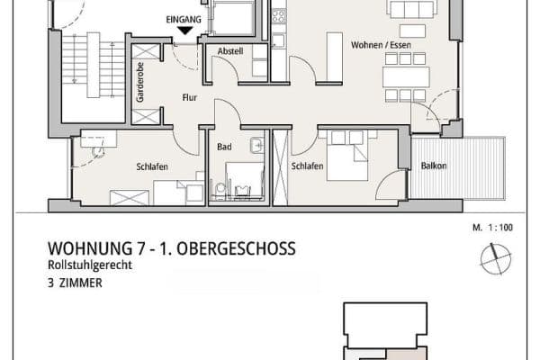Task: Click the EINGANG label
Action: point(184,18)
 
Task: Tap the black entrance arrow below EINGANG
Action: point(184,31)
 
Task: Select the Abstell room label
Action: point(231,51)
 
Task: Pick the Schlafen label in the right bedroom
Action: point(307,166)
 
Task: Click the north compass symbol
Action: point(494,260)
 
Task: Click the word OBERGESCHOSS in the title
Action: point(233,248)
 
